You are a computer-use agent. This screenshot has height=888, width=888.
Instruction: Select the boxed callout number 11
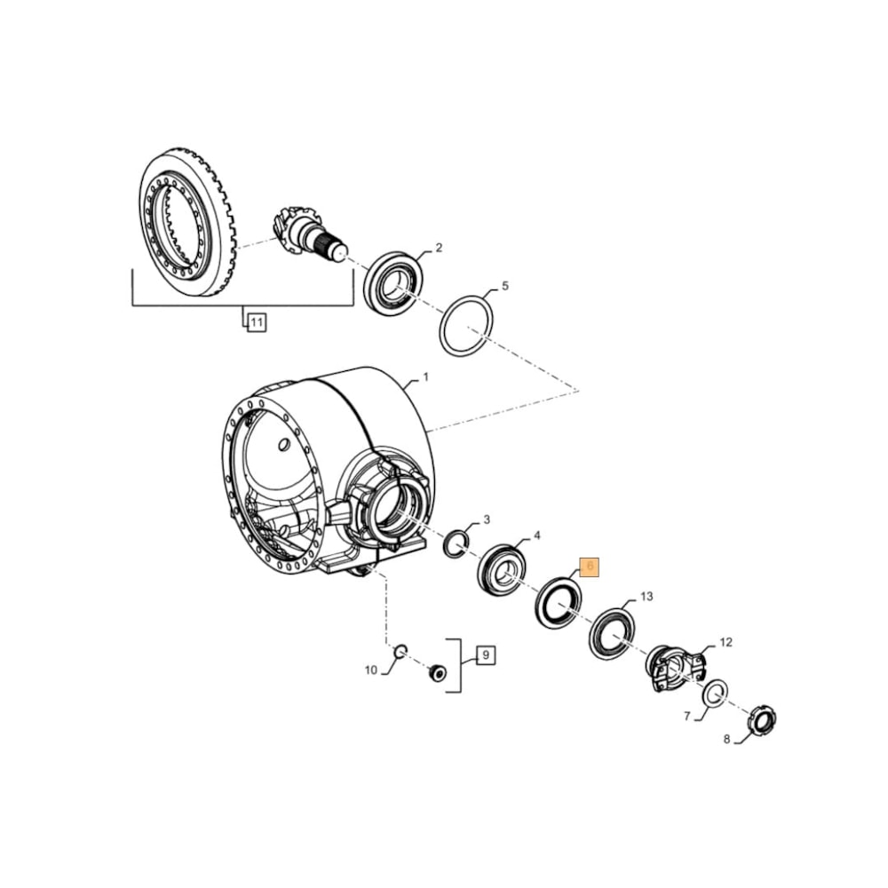pos(256,322)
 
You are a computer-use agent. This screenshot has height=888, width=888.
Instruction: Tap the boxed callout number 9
pos(485,656)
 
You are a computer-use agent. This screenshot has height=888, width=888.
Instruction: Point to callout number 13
pos(646,596)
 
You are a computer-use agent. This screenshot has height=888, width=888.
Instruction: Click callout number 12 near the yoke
pos(725,641)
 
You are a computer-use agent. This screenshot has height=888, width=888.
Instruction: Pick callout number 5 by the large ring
pos(505,286)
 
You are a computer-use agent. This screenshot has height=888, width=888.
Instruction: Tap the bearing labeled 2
pos(393,282)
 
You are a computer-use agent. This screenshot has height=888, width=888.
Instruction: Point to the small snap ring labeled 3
pos(456,543)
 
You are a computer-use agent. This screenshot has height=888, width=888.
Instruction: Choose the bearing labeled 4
pos(502,569)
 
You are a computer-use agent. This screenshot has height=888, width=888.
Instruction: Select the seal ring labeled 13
pos(612,634)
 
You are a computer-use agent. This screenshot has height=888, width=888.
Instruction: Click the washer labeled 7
pos(714,694)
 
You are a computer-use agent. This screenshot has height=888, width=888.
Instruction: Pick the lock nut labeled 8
pos(761,719)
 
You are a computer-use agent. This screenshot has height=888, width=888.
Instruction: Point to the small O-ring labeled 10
pos(400,652)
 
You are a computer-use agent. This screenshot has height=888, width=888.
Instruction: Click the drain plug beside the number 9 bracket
pos(437,673)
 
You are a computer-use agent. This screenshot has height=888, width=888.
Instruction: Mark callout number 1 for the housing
pos(425,377)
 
